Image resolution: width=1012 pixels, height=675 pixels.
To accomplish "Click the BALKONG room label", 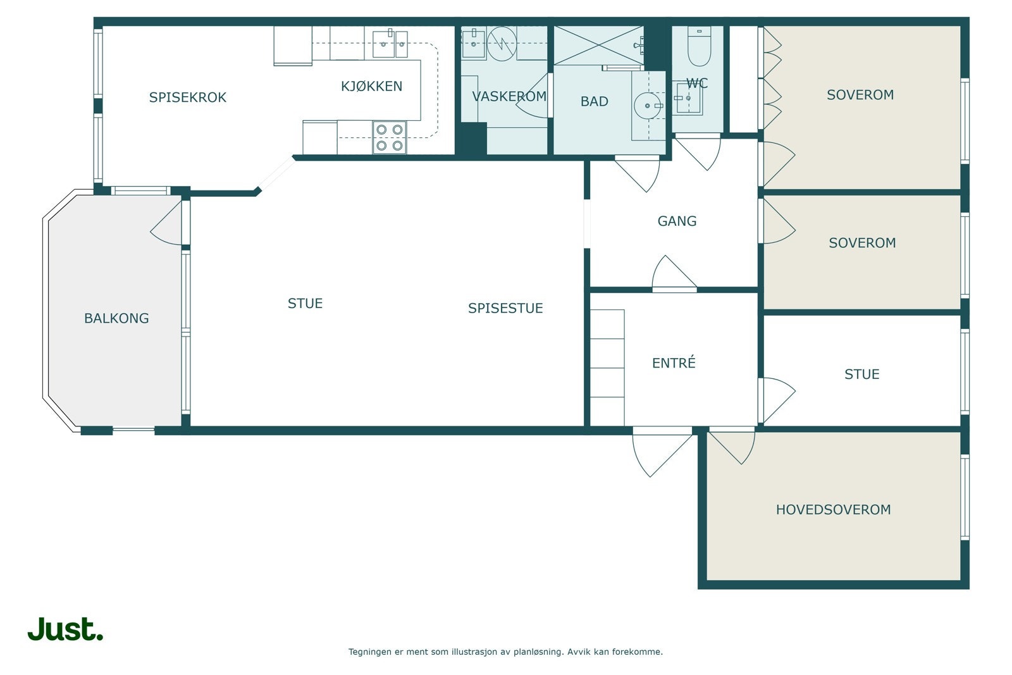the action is [116, 319].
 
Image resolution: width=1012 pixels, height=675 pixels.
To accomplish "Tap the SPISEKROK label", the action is [187, 97].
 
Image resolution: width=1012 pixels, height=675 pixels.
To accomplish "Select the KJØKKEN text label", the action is [371, 86].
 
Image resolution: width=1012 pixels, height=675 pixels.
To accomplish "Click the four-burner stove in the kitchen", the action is [390, 137].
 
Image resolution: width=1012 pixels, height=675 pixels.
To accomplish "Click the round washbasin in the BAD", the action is [648, 106].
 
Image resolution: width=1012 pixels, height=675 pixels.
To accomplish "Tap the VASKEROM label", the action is [509, 97].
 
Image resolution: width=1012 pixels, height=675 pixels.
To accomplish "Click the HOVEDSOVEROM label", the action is [834, 510].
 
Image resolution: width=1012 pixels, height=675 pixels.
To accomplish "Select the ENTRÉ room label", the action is [674, 362].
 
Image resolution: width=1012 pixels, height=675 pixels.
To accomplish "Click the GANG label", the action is [677, 221].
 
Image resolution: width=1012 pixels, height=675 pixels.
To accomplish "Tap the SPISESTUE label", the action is [505, 308].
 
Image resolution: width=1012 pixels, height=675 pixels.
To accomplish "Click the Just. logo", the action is [66, 629].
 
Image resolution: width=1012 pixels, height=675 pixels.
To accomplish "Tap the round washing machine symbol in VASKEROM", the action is [502, 44].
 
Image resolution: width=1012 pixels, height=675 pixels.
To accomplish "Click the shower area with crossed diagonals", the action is [598, 45].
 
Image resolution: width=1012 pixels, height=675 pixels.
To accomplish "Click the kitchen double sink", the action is [390, 44].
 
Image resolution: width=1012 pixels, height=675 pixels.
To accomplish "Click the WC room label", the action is [697, 84].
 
